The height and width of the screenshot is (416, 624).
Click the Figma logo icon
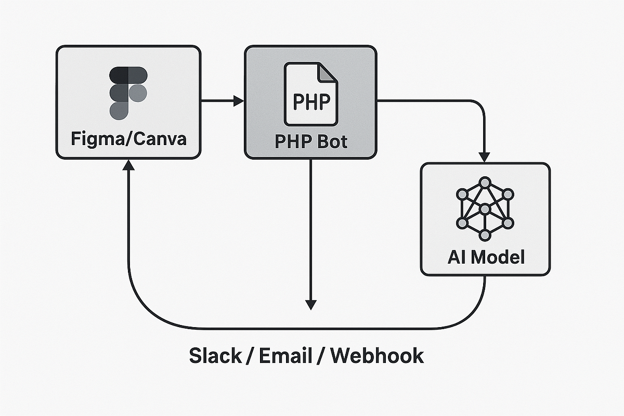(128, 93)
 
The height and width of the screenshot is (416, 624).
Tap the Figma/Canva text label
(128, 140)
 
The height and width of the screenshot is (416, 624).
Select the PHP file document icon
(310, 94)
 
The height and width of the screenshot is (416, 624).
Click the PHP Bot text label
(310, 141)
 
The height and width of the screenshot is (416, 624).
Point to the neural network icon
(485, 209)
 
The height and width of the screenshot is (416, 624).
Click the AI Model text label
(485, 257)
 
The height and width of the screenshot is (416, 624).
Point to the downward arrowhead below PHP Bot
(310, 304)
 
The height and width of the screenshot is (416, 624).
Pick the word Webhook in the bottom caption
(378, 356)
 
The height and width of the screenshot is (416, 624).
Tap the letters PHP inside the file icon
(311, 101)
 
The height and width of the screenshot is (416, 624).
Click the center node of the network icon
(485, 209)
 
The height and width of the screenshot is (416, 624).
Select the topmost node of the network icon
(485, 183)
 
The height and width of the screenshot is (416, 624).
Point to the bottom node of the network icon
(485, 236)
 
